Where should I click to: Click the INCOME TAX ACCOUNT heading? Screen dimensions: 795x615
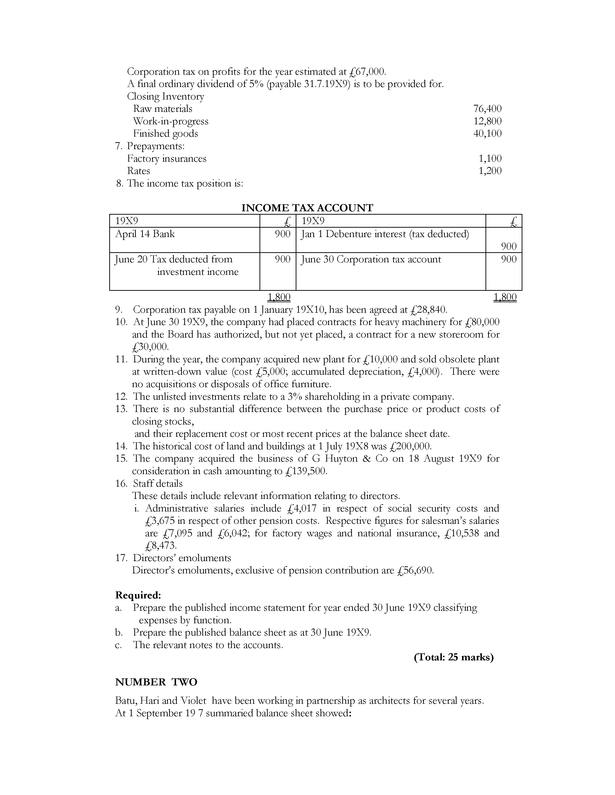(307, 208)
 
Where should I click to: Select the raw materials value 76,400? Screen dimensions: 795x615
(487, 108)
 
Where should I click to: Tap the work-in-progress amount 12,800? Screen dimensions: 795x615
(487, 121)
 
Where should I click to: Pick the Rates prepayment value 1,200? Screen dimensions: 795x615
(490, 171)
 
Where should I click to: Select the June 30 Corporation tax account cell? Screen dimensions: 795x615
(370, 259)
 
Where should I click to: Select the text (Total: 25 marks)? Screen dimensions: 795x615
(454, 657)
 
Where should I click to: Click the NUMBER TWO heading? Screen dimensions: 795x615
(156, 682)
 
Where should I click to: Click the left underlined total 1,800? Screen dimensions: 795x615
(279, 297)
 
